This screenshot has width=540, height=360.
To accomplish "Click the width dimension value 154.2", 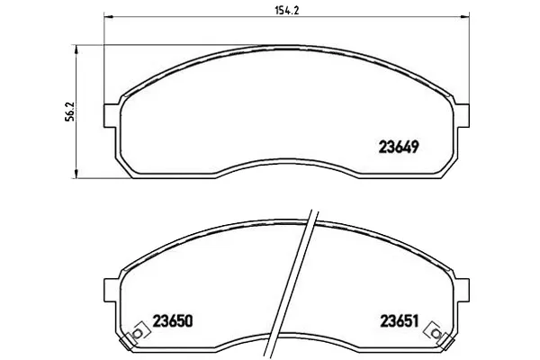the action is point(286,10).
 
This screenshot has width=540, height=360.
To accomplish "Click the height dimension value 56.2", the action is point(69,112).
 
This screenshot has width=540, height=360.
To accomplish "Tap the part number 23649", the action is point(399,147).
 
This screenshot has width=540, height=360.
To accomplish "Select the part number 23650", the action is point(173,321).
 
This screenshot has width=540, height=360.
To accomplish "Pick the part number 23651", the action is point(400,321).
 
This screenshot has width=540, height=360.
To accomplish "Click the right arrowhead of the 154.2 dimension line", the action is point(465,16).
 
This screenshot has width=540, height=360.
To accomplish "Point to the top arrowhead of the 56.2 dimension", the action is point(76,49).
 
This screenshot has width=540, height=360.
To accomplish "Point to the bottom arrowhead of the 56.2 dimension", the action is point(76,174).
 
